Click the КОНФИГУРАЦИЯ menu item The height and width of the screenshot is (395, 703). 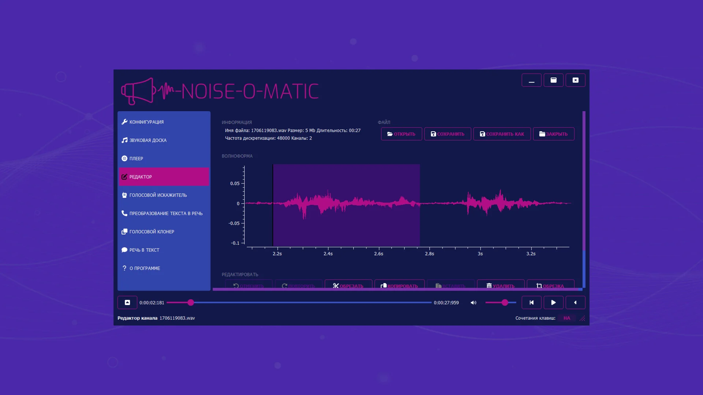pyautogui.click(x=146, y=122)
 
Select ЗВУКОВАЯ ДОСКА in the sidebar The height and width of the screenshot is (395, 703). pyautogui.click(x=148, y=140)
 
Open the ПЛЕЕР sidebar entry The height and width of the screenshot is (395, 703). pyautogui.click(x=136, y=159)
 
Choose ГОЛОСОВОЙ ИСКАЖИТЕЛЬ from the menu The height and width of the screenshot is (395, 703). pyautogui.click(x=158, y=195)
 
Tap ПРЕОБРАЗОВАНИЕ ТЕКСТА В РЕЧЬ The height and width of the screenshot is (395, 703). pyautogui.click(x=165, y=214)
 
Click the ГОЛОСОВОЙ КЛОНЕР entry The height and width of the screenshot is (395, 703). pyautogui.click(x=152, y=232)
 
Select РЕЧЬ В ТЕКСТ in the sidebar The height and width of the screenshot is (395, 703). pyautogui.click(x=144, y=250)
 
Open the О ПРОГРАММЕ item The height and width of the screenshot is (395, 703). pyautogui.click(x=145, y=268)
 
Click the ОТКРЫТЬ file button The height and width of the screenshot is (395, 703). pyautogui.click(x=401, y=134)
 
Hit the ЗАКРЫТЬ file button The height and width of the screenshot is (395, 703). pyautogui.click(x=553, y=134)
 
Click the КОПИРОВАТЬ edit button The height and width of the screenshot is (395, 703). pyautogui.click(x=399, y=285)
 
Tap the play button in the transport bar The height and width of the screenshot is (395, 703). pyautogui.click(x=553, y=302)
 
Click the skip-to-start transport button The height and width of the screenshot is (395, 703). pyautogui.click(x=531, y=302)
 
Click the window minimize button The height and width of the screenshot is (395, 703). pyautogui.click(x=531, y=80)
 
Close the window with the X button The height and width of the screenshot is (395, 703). pyautogui.click(x=575, y=80)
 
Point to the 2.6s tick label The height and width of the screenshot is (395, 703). pyautogui.click(x=379, y=254)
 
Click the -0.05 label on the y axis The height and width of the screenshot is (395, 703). pyautogui.click(x=234, y=223)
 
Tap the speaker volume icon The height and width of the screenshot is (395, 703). pyautogui.click(x=473, y=303)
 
